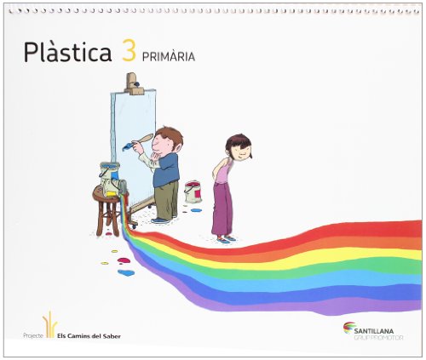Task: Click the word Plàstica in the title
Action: tap(68, 54)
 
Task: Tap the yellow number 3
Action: tap(129, 53)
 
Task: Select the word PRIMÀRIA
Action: tap(170, 57)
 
